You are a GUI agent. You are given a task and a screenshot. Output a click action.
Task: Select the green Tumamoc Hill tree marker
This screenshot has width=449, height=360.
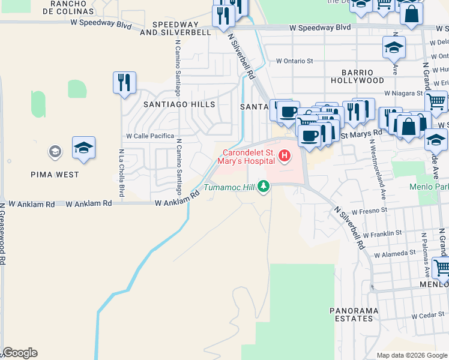263,187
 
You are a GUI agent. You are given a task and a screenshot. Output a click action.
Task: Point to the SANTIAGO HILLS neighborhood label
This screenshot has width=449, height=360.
170,104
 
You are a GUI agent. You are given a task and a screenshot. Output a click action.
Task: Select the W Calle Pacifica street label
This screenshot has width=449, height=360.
149,136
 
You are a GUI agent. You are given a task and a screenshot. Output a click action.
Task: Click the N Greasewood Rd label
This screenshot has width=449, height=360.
3,234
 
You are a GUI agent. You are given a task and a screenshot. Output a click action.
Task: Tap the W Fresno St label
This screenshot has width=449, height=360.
370,212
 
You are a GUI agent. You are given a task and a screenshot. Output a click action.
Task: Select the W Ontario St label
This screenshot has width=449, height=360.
295,61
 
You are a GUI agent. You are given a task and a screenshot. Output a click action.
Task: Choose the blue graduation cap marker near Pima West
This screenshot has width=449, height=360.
83,147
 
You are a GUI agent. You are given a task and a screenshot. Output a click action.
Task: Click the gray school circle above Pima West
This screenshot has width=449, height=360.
55,152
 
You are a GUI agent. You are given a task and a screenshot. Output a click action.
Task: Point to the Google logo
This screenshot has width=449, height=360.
20,353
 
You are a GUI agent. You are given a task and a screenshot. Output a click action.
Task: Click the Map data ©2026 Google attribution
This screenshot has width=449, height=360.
411,355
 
